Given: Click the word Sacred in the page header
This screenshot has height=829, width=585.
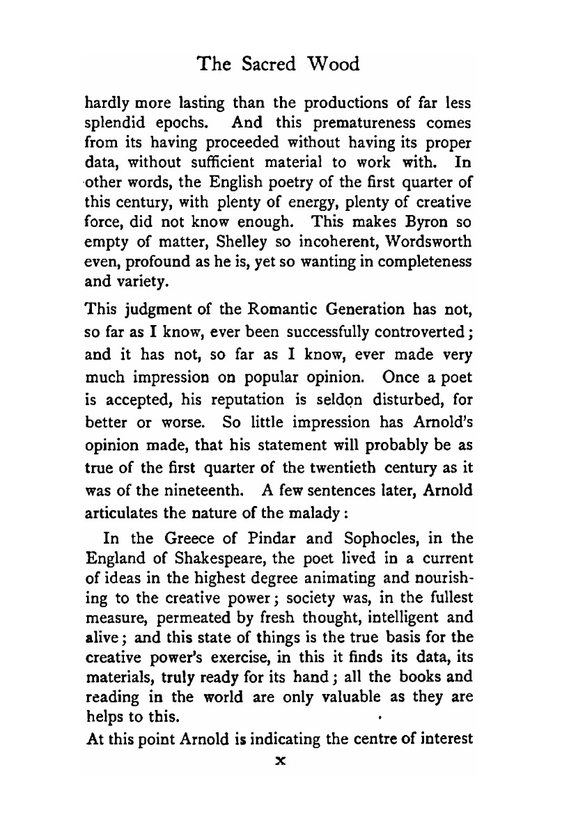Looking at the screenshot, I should pos(267,65).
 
